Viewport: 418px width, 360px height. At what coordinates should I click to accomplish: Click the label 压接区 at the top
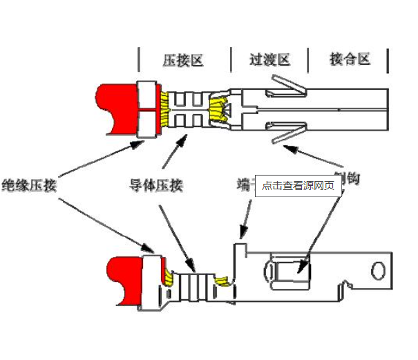[x=183, y=59]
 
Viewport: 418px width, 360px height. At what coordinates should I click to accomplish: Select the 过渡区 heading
[x=269, y=59]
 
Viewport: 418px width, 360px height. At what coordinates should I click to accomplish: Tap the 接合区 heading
[x=350, y=59]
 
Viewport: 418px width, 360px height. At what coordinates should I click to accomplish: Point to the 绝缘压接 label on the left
[x=29, y=185]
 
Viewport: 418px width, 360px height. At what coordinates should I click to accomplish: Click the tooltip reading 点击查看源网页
[x=298, y=185]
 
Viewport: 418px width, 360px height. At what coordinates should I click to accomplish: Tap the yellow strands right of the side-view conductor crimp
[x=222, y=281]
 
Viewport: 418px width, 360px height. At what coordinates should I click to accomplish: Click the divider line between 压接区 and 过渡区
[x=230, y=60]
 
